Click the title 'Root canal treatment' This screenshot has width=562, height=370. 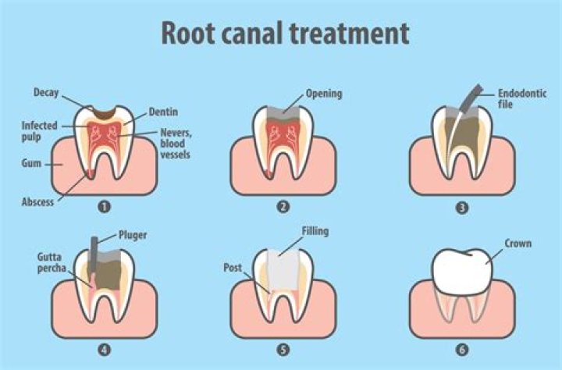click(285, 34)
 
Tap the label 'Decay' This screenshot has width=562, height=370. click(46, 93)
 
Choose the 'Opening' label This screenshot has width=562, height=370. click(323, 94)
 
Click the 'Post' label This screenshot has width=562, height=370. click(232, 266)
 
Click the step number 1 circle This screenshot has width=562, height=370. click(102, 208)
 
